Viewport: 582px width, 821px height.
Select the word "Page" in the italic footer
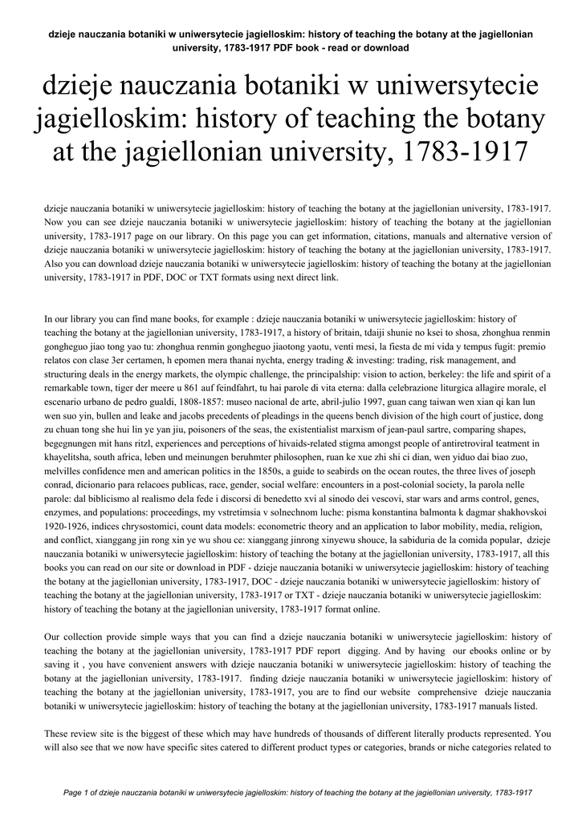click(x=74, y=793)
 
